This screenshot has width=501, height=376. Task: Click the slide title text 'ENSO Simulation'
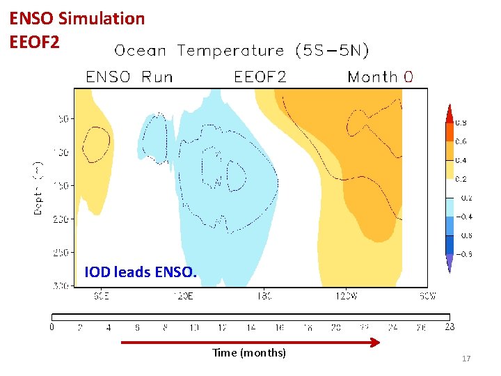point(77,19)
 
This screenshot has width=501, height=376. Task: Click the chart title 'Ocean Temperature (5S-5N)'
point(241,51)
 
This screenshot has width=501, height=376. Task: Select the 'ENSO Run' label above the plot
point(129,77)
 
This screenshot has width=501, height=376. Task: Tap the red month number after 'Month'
point(408,77)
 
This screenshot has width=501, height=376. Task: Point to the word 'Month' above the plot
point(372,77)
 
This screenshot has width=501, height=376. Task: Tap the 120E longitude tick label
point(182,296)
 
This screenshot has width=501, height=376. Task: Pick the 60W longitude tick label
point(427,296)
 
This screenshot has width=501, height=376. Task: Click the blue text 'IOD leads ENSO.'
point(140,272)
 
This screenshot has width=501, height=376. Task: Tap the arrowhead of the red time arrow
point(376,342)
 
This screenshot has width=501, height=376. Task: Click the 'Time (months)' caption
point(249,353)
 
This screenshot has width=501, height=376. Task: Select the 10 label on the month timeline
point(193,327)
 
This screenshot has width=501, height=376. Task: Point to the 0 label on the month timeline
point(52,327)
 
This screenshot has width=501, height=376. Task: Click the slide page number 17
point(466,359)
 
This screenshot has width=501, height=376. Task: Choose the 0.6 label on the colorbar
point(461,141)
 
